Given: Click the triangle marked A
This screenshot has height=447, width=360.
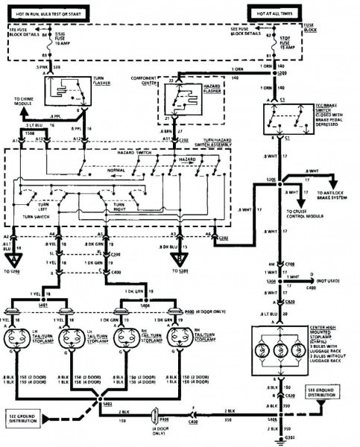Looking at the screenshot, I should pos(13,259).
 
